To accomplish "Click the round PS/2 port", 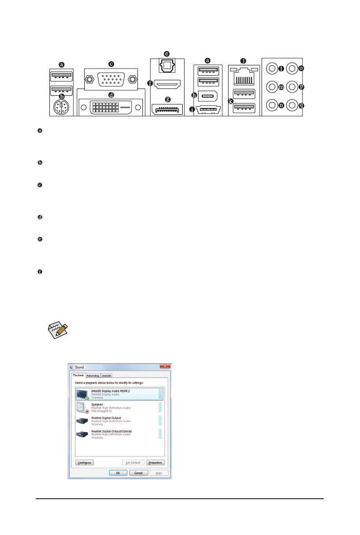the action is coord(60,107).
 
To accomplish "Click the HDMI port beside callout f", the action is coord(167,84).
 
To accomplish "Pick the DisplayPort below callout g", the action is coord(167,109).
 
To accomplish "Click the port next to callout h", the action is coord(209,96).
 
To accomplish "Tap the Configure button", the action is coord(84,462).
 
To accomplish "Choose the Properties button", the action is coord(155,462).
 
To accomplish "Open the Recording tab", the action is coord(92,375).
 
